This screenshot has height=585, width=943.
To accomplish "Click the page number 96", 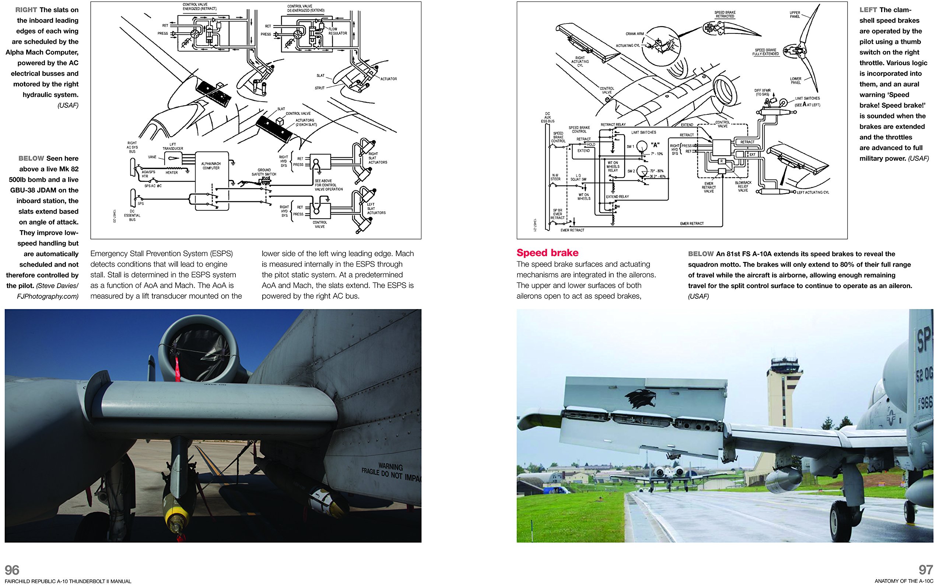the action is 12,570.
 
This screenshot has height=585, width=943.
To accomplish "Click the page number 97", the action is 926,570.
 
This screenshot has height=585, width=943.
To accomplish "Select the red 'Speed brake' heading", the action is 547,253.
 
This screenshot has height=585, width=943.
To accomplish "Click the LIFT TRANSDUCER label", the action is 172,146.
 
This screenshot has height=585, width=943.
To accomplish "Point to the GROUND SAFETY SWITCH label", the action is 264,172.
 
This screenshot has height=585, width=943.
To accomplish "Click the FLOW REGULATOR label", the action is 337,31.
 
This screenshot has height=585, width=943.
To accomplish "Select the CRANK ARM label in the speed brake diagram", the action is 634,33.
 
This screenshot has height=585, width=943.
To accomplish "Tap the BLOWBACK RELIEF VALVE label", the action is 743,186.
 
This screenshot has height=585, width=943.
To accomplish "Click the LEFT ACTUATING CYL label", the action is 813,192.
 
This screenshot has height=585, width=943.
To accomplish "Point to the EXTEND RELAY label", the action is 617,196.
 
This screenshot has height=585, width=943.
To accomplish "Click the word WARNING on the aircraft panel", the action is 390,467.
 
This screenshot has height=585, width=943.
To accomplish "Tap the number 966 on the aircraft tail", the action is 926,403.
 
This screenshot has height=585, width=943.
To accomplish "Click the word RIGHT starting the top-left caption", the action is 26,10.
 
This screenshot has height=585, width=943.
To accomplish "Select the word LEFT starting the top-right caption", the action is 868,10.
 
